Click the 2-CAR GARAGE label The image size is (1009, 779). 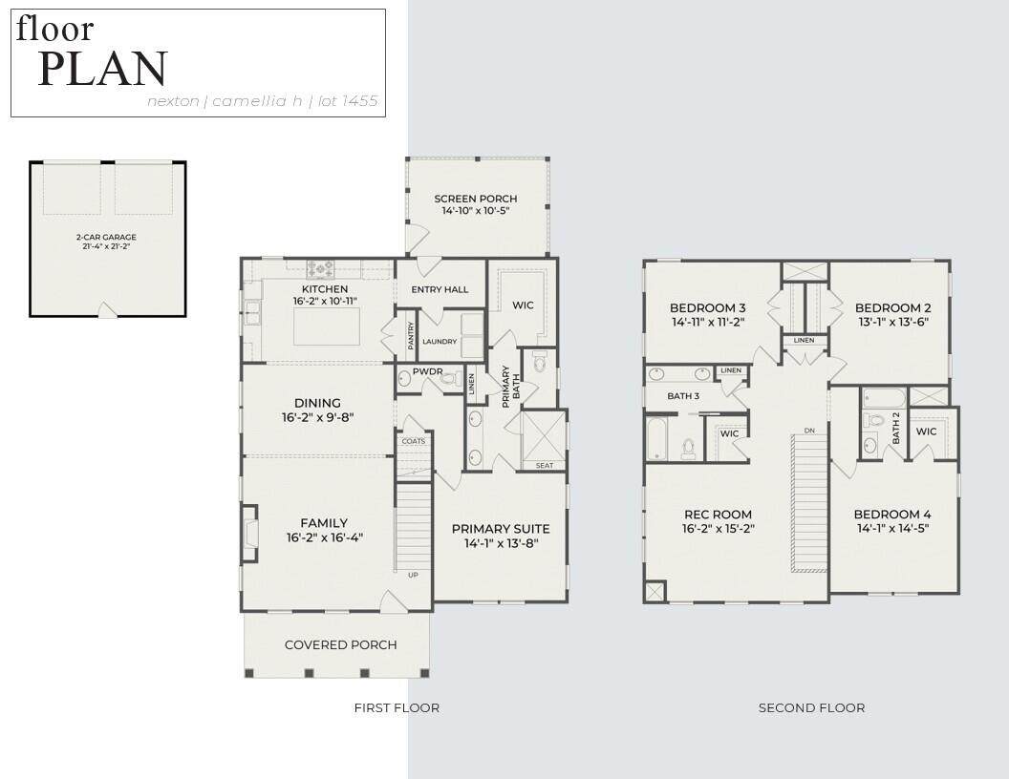point(106,237)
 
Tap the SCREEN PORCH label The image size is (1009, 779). point(476,199)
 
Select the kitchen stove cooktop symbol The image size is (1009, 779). point(320,268)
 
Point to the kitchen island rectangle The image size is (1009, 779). point(327,326)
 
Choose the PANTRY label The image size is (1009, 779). point(411,335)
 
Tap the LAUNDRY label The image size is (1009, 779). point(440,342)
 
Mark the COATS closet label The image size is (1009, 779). point(413,441)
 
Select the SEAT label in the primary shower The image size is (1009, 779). point(545,465)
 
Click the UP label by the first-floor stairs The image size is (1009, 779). point(413,575)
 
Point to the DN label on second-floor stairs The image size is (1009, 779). point(809,430)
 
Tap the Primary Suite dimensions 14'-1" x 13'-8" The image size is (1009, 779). point(502,543)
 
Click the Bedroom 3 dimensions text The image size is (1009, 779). point(708,322)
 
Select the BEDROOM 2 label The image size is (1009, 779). point(893,307)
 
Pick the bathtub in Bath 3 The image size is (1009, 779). point(657,438)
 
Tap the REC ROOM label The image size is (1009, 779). point(719,515)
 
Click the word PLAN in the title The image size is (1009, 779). point(103,68)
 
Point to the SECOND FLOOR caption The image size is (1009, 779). point(811,707)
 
